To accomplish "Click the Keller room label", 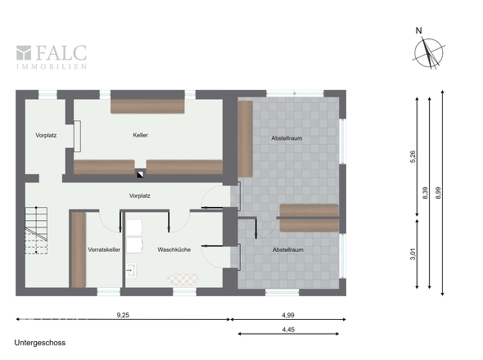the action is pyautogui.click(x=141, y=135).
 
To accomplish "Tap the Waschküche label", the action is pyautogui.click(x=174, y=250).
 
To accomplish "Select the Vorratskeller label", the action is pyautogui.click(x=104, y=250).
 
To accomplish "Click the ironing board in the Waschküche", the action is pyautogui.click(x=183, y=280).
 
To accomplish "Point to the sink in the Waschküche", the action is pyautogui.click(x=131, y=270).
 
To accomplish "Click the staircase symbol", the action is pyautogui.click(x=36, y=231).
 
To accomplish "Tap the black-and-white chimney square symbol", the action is pyautogui.click(x=140, y=174).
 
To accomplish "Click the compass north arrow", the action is pyautogui.click(x=429, y=53).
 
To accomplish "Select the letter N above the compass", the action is pyautogui.click(x=418, y=30).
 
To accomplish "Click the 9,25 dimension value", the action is pyautogui.click(x=123, y=315).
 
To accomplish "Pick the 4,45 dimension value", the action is pyautogui.click(x=288, y=330).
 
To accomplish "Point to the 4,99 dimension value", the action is pyautogui.click(x=288, y=315).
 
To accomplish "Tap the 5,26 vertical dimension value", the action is pyautogui.click(x=413, y=156).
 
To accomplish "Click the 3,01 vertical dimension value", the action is pyautogui.click(x=413, y=254).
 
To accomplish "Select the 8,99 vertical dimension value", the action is pyautogui.click(x=438, y=193).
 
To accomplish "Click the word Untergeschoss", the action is pyautogui.click(x=40, y=343).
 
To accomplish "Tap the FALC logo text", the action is pyautogui.click(x=61, y=52).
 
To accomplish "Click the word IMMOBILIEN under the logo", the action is pyautogui.click(x=52, y=66).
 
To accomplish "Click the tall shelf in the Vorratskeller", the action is pyautogui.click(x=79, y=250).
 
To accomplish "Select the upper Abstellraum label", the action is pyautogui.click(x=287, y=138).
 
